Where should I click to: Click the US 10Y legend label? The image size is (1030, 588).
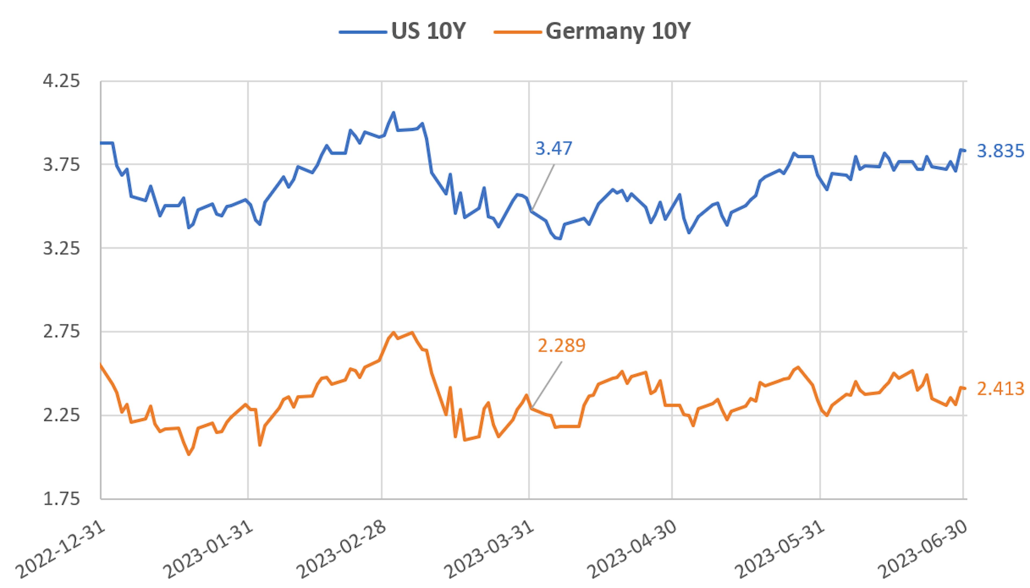coord(428,31)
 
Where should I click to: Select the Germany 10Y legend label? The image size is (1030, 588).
coord(618,31)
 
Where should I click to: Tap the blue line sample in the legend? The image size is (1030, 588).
coord(362,31)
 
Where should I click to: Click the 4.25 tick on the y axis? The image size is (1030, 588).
coord(61,81)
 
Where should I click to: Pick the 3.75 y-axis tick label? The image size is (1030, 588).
coord(61,165)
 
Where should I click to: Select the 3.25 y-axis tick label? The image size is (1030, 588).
coord(61,248)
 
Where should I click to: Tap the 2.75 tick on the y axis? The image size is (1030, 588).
coord(61,332)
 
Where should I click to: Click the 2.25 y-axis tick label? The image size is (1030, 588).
coord(61,415)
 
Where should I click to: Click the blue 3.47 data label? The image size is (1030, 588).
coord(553,149)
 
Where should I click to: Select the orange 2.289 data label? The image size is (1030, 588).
coord(561,346)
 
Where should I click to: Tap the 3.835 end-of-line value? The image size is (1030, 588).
coord(1000,151)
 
